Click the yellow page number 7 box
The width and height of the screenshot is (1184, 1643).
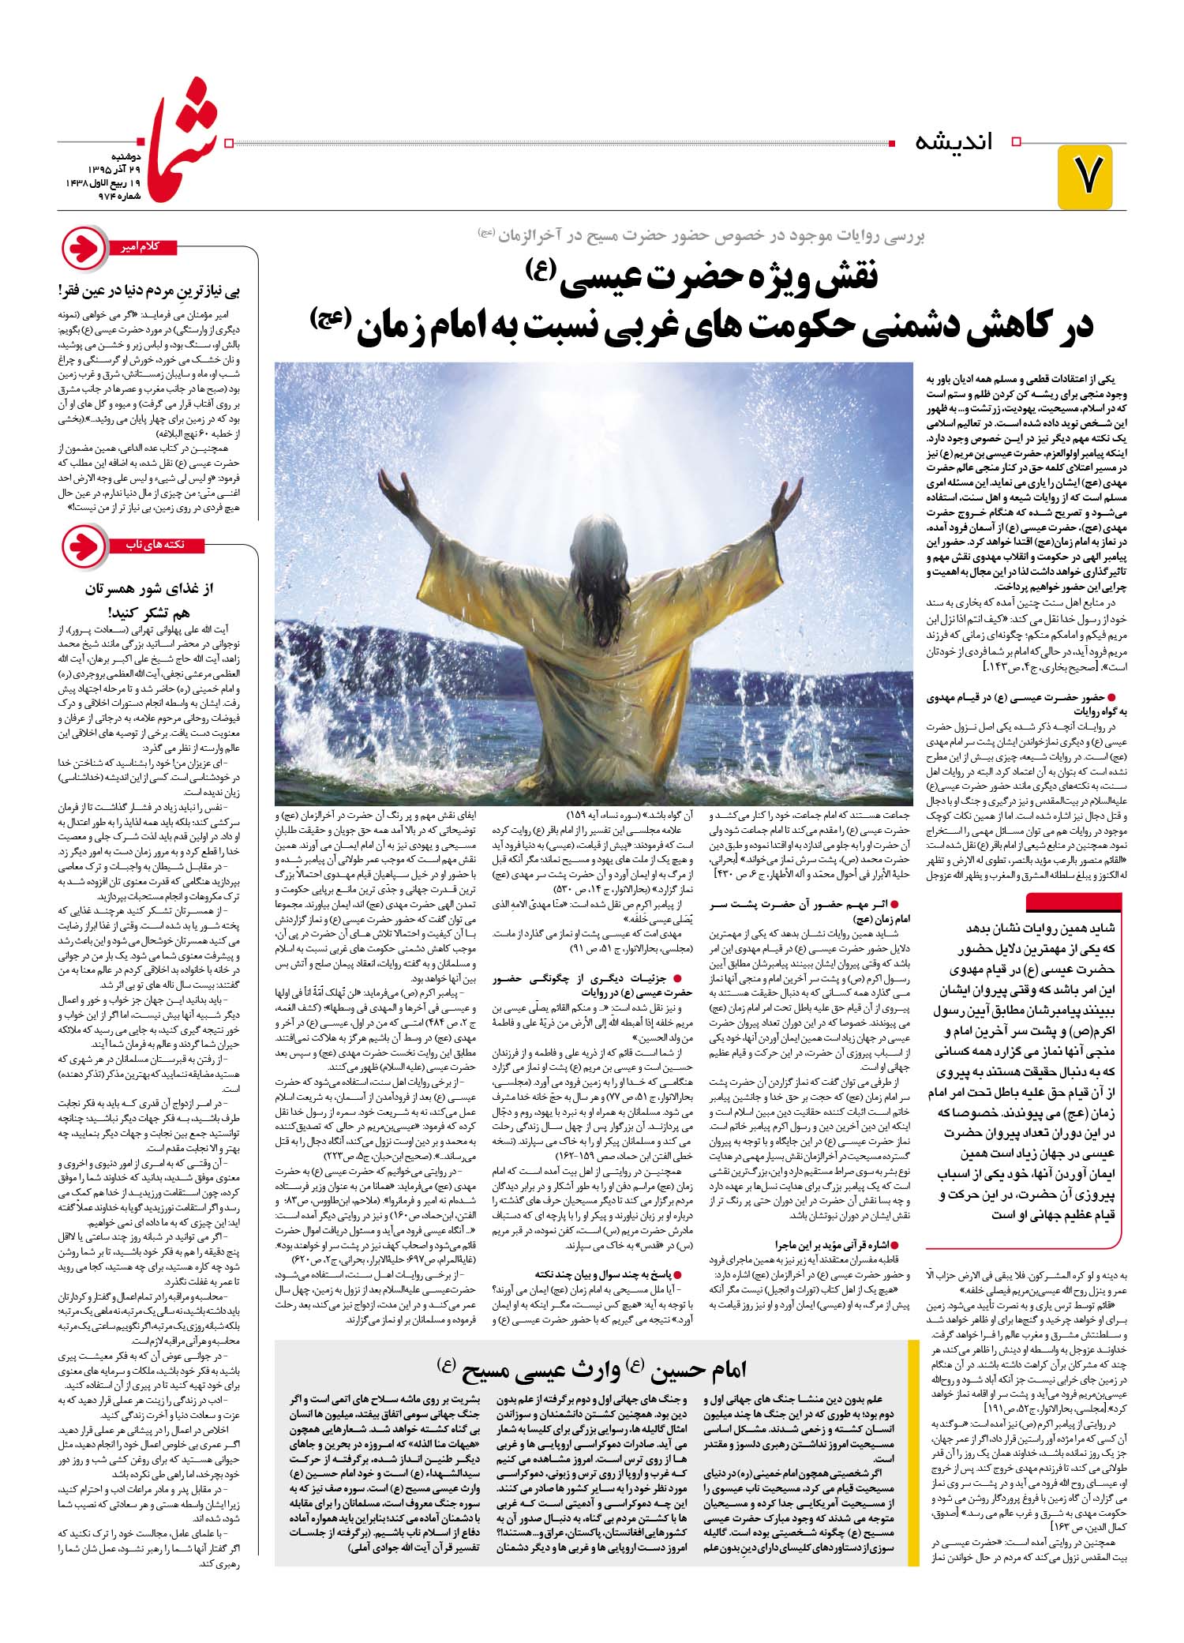pyautogui.click(x=1086, y=177)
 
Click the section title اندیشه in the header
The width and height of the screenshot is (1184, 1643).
pyautogui.click(x=954, y=143)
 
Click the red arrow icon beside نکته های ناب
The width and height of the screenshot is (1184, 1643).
pyautogui.click(x=83, y=548)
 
